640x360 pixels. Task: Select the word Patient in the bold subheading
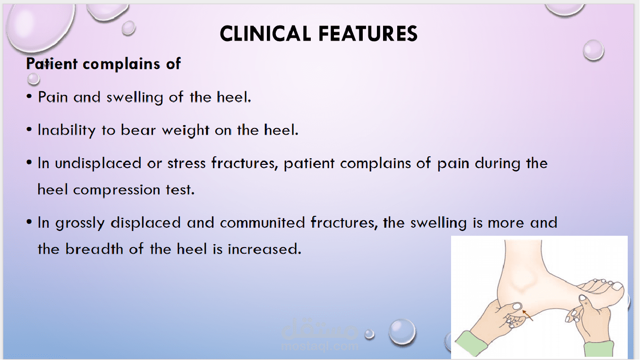click(51, 64)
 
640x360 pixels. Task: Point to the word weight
click(187, 130)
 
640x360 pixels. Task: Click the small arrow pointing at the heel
click(528, 315)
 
